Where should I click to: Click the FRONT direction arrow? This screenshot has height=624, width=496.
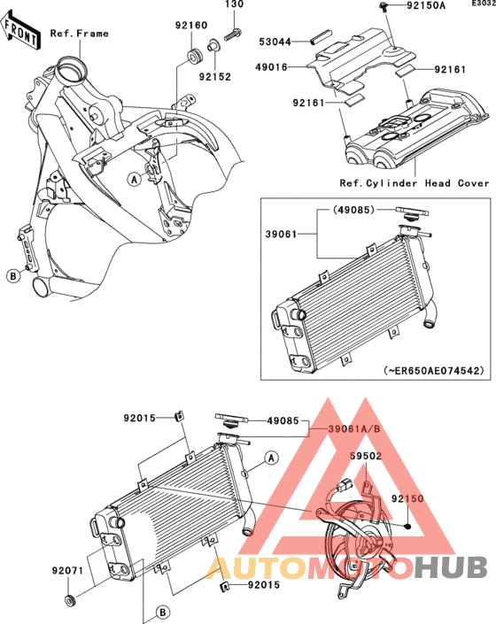[19, 31]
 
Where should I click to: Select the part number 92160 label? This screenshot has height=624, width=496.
[191, 26]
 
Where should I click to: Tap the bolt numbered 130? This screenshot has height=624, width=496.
[232, 35]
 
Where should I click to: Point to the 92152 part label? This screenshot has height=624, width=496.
[215, 77]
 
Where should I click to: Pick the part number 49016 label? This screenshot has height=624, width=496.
[272, 67]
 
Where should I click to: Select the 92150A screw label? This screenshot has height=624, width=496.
[426, 5]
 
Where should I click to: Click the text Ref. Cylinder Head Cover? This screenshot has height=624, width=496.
[414, 183]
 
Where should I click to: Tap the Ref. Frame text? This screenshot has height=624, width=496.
[79, 34]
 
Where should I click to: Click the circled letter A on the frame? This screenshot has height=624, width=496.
[135, 180]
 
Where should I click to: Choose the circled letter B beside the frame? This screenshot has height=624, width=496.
[13, 275]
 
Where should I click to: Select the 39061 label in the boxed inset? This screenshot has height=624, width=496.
[282, 235]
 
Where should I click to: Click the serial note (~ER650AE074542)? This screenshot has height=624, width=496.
[434, 370]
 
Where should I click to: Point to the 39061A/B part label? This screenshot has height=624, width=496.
[354, 429]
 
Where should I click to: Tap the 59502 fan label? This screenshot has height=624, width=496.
[366, 456]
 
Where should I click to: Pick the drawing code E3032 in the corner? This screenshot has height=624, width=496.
[484, 4]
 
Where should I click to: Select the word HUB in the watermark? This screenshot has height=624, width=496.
[451, 567]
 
